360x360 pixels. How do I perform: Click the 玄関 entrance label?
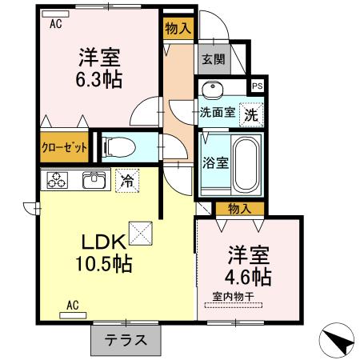(x=212, y=59)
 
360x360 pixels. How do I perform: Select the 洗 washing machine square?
(x=250, y=113)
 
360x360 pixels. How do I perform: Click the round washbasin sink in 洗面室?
(x=214, y=90)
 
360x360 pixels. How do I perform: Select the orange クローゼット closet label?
(x=64, y=146)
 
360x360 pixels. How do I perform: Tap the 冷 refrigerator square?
(x=126, y=181)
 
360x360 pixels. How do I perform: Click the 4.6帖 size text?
(x=249, y=277)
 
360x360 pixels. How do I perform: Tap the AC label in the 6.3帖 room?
(x=55, y=24)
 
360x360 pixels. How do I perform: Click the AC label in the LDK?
(x=72, y=305)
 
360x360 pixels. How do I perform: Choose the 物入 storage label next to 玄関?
(x=178, y=29)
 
